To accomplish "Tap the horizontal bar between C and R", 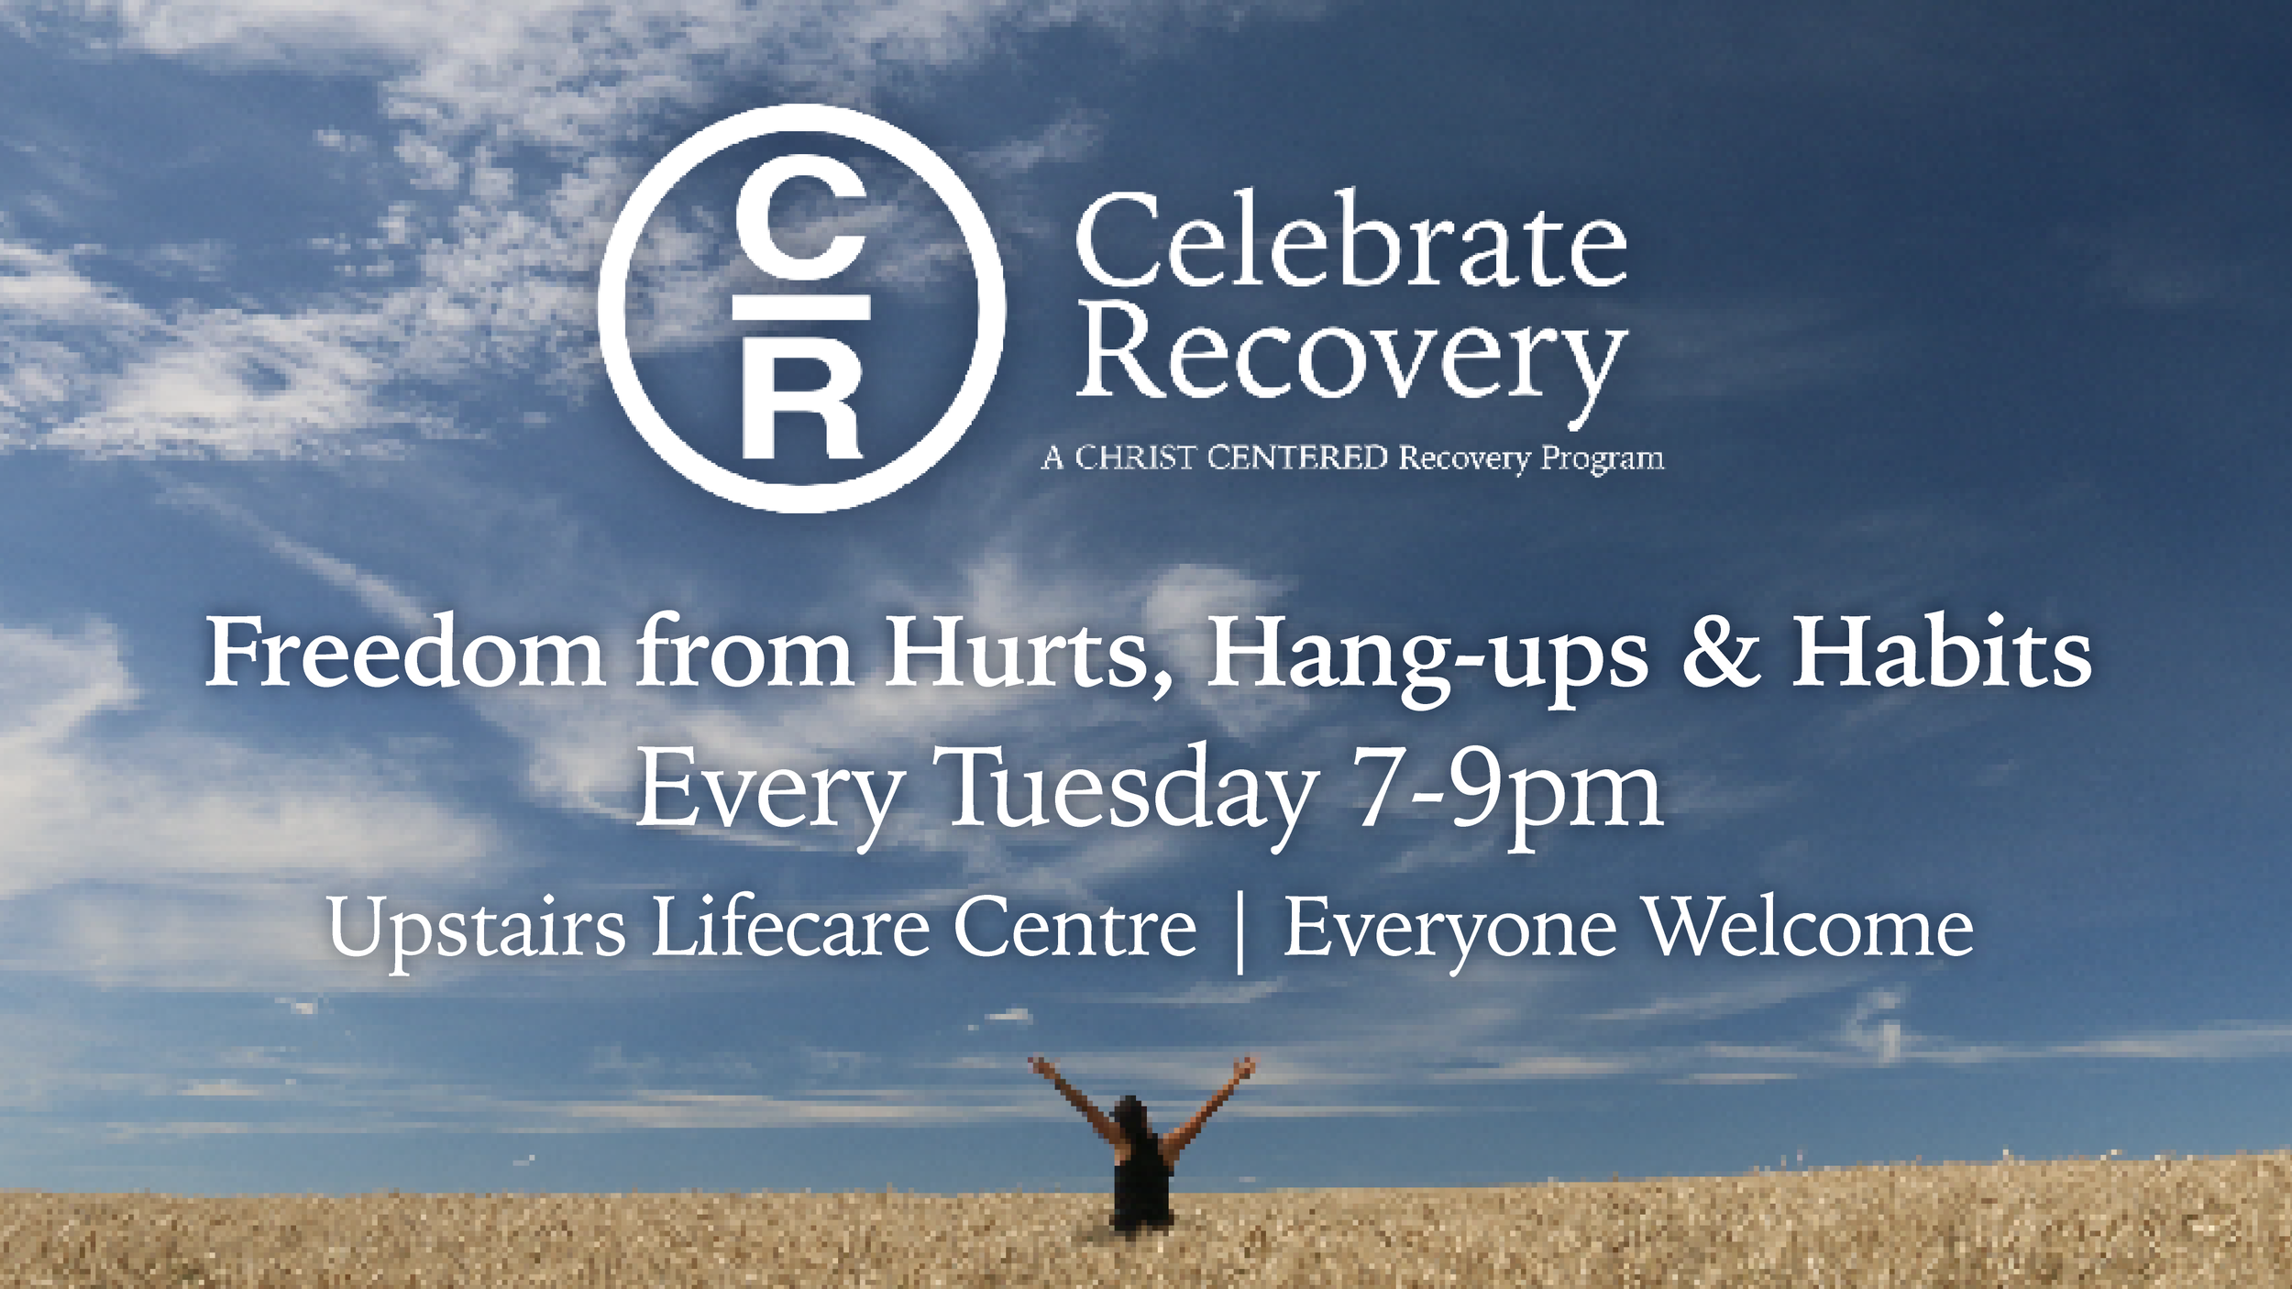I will click(x=801, y=308).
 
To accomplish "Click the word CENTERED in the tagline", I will click(x=1297, y=457).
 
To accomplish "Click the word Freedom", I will click(x=404, y=652).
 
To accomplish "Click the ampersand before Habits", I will click(x=1721, y=652).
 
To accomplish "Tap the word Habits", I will click(x=1942, y=652).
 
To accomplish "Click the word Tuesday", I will click(x=1131, y=788).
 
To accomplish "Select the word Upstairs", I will click(x=477, y=929).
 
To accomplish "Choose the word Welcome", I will click(x=1811, y=927).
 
